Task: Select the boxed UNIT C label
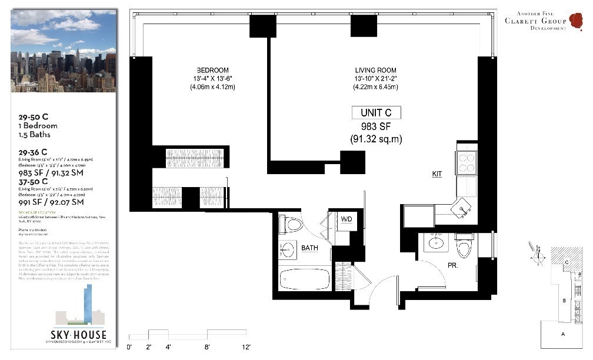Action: [376, 112]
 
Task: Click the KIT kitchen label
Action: [437, 174]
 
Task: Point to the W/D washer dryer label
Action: [347, 219]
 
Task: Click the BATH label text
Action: [309, 248]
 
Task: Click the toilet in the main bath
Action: [292, 225]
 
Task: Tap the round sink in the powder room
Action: [435, 242]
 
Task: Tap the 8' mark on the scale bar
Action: [208, 347]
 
